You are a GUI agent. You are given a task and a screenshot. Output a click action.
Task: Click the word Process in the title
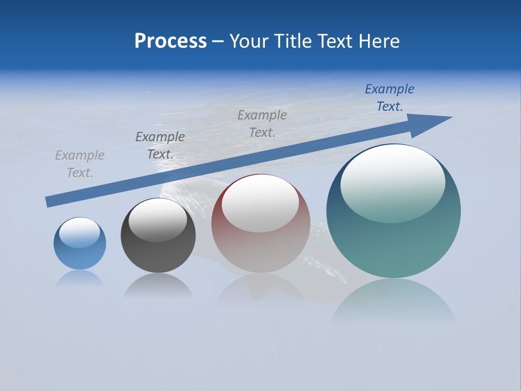click(170, 41)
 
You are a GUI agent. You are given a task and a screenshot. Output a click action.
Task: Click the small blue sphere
click(80, 255)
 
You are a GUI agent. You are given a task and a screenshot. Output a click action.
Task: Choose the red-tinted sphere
click(260, 250)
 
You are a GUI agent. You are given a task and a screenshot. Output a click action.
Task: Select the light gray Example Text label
click(80, 164)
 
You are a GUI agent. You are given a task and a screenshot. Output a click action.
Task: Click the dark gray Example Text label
click(160, 146)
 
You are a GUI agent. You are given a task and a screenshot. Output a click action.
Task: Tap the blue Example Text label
click(390, 98)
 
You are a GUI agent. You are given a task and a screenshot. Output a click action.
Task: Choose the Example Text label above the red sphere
click(262, 123)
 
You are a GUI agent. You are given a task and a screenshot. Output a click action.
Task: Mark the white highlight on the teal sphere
click(393, 184)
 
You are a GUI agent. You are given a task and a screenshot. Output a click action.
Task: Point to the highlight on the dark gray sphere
click(158, 220)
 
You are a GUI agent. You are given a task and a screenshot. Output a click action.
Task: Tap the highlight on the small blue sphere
click(80, 232)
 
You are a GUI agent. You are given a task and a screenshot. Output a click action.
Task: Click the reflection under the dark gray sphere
click(158, 286)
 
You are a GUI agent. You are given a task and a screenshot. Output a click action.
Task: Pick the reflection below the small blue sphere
click(80, 278)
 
